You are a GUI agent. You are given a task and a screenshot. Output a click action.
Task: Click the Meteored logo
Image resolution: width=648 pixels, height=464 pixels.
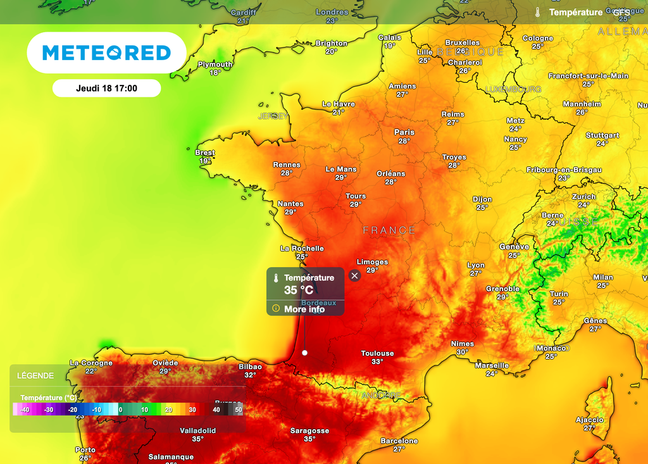[x=106, y=53]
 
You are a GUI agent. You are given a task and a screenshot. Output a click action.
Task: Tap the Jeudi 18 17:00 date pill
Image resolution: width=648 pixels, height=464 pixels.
[x=106, y=89]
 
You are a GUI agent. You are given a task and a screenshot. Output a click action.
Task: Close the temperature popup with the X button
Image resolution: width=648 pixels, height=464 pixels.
[x=354, y=275]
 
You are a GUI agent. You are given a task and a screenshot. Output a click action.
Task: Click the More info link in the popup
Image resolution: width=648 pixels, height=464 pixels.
[x=304, y=309]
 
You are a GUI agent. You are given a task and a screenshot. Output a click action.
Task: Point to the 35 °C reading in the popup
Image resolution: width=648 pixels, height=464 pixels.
[x=298, y=291]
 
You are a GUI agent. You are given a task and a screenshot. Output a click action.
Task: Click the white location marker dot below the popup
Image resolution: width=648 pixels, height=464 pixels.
[x=304, y=353]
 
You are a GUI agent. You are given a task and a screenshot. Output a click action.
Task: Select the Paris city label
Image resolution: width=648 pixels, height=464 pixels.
[x=404, y=132]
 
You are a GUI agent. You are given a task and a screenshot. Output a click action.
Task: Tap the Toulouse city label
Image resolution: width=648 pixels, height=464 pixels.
[x=377, y=353]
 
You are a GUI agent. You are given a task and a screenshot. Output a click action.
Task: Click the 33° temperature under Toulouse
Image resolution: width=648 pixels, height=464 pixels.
[x=377, y=362]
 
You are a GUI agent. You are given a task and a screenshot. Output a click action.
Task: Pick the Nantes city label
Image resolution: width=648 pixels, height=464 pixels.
[x=290, y=204]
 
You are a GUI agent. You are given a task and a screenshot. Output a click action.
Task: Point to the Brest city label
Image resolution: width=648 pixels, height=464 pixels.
[x=204, y=153]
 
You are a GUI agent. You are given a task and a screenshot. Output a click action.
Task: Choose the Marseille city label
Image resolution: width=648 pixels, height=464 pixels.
[x=492, y=365]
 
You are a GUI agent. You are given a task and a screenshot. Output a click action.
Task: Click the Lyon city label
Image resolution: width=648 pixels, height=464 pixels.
[x=476, y=265]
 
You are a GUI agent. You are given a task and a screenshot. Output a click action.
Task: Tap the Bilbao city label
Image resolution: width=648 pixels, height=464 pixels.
[x=251, y=367]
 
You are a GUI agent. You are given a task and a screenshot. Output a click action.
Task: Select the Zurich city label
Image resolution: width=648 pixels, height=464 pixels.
[x=583, y=196]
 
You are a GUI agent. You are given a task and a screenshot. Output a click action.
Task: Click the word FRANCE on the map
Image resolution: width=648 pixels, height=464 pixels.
[x=389, y=230]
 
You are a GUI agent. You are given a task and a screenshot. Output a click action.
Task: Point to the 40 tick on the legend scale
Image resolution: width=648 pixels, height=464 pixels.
[x=216, y=410]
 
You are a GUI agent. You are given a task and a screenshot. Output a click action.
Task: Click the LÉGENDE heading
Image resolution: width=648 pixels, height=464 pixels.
[x=35, y=375]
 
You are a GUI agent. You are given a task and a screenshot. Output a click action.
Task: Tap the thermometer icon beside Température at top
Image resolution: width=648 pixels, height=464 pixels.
[x=537, y=12]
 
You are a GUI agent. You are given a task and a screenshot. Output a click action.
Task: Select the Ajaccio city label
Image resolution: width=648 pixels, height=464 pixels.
[x=589, y=420]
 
